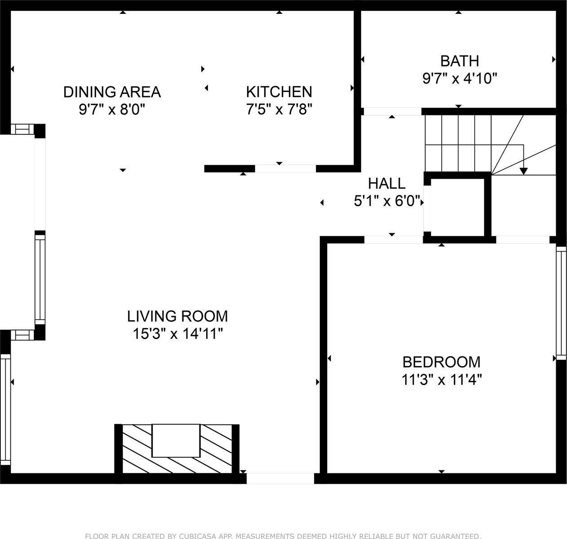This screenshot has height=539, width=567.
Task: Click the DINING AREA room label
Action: [x=112, y=92]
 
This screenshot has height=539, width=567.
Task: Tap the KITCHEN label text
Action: [x=279, y=92]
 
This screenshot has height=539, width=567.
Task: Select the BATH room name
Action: [x=460, y=61]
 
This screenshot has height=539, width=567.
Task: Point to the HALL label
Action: [x=387, y=183]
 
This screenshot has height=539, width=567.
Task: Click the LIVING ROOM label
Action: [x=177, y=316]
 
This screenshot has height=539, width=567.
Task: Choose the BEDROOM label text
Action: [x=442, y=362]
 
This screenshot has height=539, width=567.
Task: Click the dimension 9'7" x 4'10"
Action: [x=460, y=79]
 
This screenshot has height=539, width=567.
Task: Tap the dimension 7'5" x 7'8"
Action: [x=279, y=109]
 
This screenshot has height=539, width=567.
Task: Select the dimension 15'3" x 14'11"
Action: [x=177, y=334]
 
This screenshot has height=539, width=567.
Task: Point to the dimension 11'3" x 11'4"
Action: [x=442, y=380]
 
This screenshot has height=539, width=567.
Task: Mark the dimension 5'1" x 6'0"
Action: [x=387, y=201]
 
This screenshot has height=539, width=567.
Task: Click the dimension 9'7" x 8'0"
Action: [x=112, y=109]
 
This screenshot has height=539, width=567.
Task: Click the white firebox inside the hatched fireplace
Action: [x=176, y=441]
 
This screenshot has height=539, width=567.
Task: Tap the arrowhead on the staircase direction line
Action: [x=524, y=171]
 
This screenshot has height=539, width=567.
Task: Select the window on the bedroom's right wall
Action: [x=561, y=303]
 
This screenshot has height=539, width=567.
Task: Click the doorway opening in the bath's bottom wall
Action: [x=393, y=111]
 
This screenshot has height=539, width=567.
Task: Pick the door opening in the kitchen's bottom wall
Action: [x=285, y=169]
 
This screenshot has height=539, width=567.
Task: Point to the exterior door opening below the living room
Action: [x=280, y=479]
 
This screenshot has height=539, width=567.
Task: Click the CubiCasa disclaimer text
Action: [x=283, y=536]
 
